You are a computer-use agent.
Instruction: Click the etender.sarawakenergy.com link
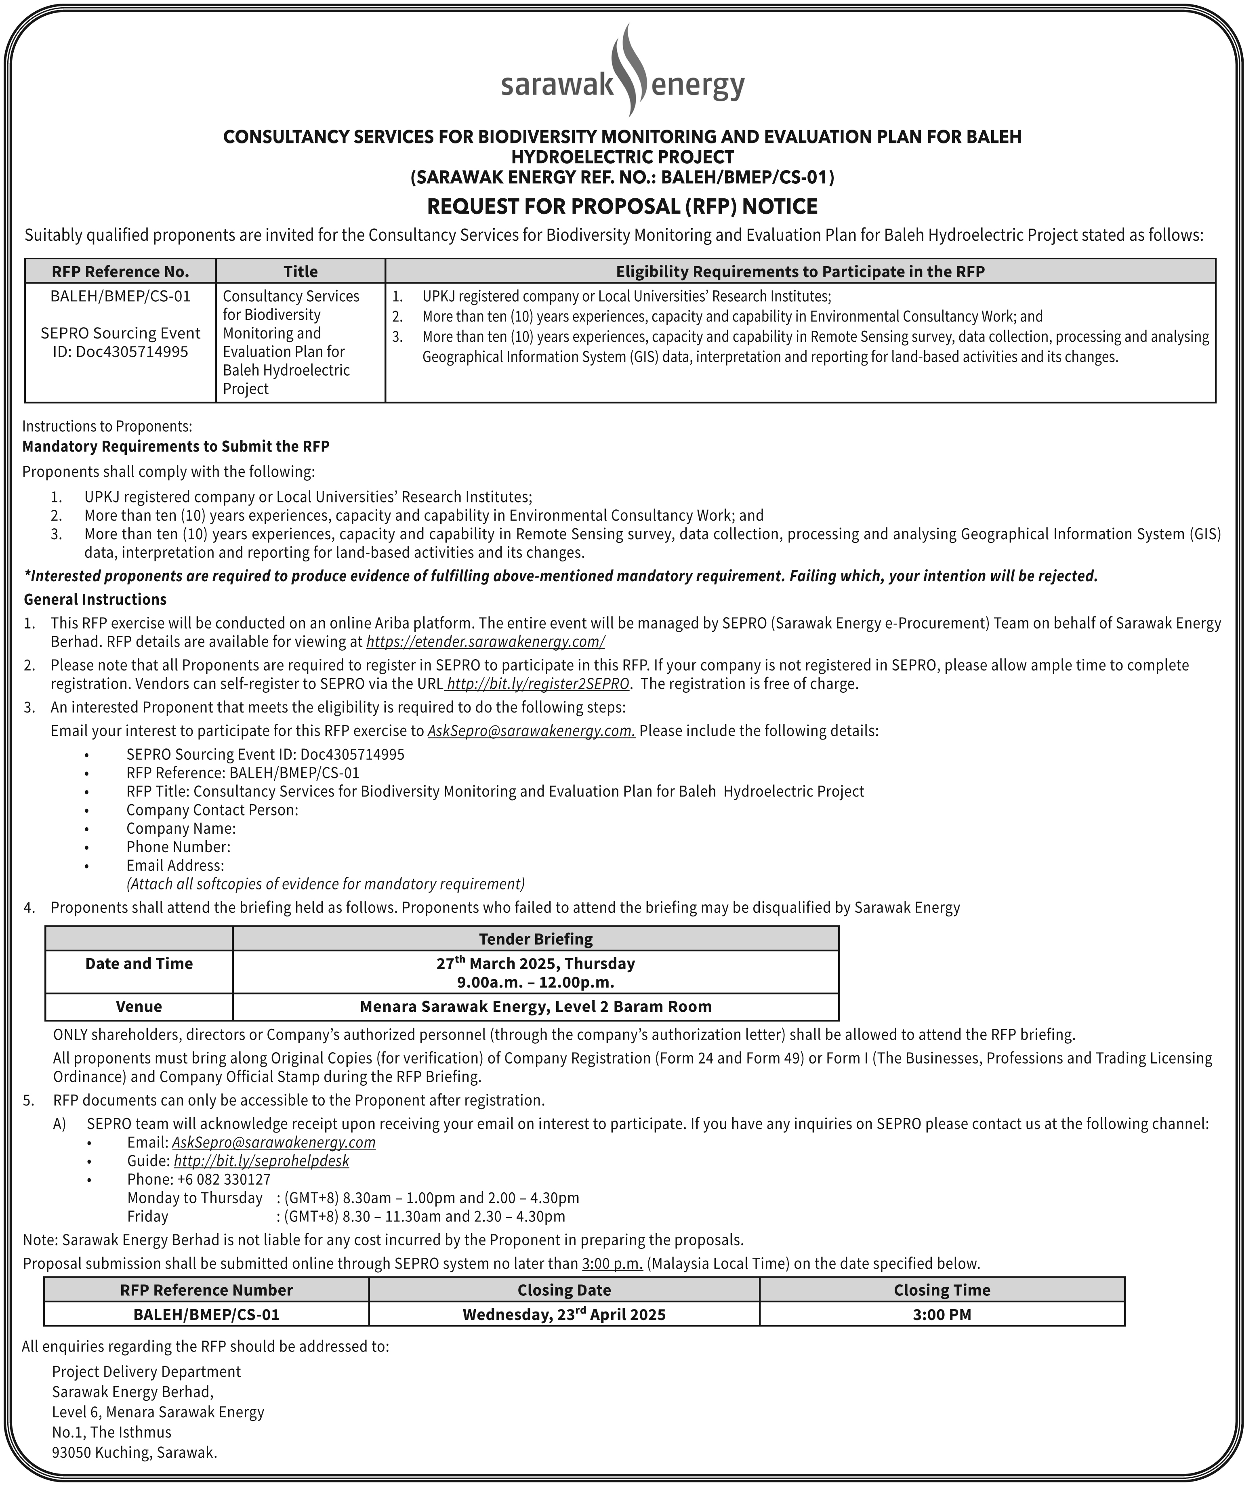point(486,642)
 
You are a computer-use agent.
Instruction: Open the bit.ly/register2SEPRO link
point(538,684)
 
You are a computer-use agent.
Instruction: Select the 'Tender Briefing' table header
point(535,939)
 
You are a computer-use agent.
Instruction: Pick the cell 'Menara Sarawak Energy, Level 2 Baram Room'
point(535,1007)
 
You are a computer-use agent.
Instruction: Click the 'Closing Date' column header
point(564,1291)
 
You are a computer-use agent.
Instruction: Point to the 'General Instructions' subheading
point(95,599)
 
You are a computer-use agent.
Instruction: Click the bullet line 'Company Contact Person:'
point(212,810)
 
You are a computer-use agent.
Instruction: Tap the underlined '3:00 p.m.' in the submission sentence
point(612,1263)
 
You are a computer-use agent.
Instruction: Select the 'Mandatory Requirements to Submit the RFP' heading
point(176,447)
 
